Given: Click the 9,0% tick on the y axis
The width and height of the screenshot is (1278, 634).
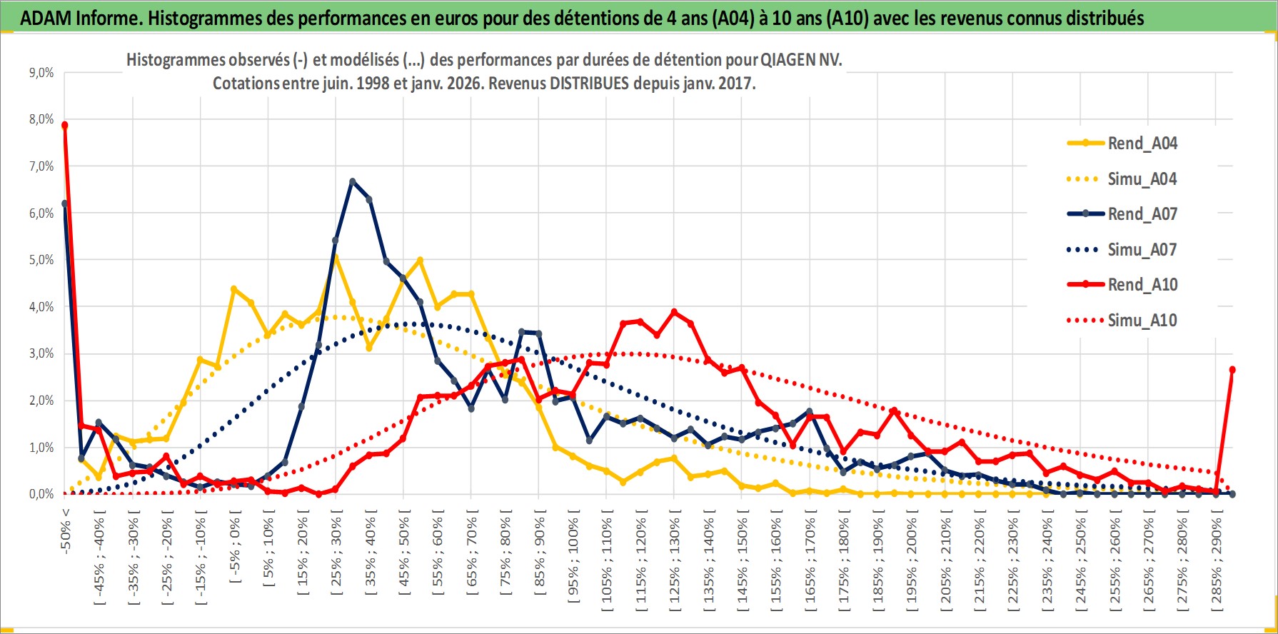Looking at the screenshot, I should click(x=41, y=73).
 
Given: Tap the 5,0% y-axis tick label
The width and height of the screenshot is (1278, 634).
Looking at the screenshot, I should click(x=41, y=260).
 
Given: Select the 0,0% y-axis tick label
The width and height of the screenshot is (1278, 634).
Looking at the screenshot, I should click(x=41, y=494).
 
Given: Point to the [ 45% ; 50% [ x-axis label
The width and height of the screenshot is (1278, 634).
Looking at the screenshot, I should click(x=404, y=550).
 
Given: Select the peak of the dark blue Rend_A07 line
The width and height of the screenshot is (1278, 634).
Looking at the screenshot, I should click(x=353, y=181).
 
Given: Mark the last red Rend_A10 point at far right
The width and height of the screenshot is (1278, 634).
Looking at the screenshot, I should click(x=1232, y=370).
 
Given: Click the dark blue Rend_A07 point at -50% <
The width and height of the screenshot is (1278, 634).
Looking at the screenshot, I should click(x=65, y=203).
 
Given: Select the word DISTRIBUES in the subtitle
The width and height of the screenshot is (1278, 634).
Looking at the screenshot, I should click(x=589, y=84).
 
